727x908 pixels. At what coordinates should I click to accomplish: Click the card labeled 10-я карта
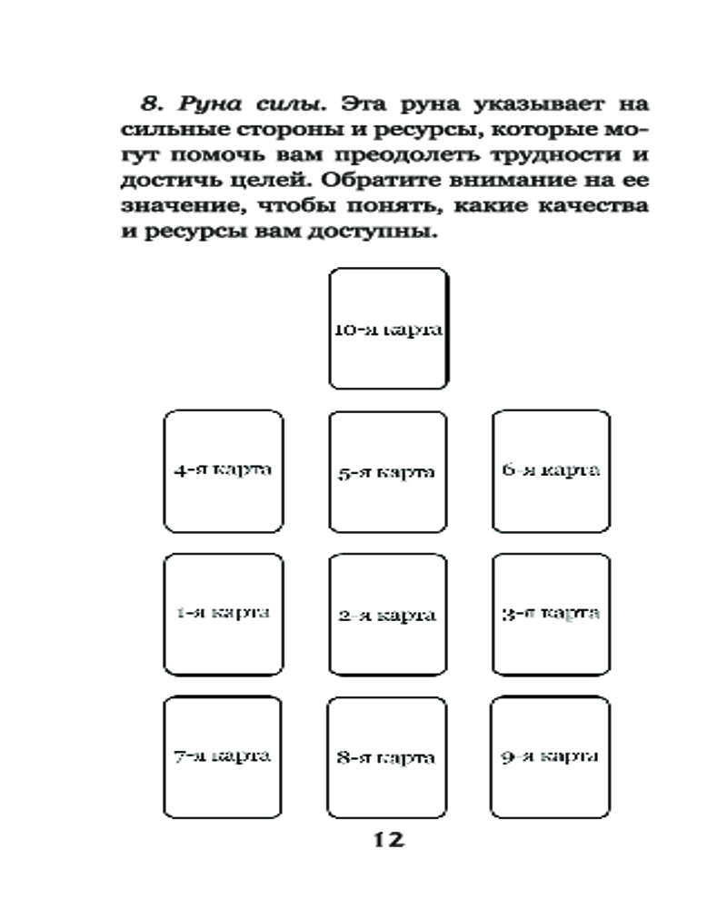click(x=388, y=329)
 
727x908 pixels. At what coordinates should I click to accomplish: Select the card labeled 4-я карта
click(x=224, y=470)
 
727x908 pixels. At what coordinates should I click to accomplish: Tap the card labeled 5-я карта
click(x=388, y=471)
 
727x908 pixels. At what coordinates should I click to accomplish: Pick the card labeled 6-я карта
click(x=551, y=470)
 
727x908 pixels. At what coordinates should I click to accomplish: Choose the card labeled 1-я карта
click(x=224, y=613)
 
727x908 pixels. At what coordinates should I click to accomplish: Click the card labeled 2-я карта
click(x=388, y=615)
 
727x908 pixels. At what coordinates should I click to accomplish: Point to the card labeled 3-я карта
click(x=551, y=613)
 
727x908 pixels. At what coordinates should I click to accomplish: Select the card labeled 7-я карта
click(x=224, y=755)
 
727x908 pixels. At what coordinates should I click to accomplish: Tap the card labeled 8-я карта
click(x=388, y=756)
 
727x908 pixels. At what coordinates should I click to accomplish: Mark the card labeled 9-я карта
click(x=551, y=755)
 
